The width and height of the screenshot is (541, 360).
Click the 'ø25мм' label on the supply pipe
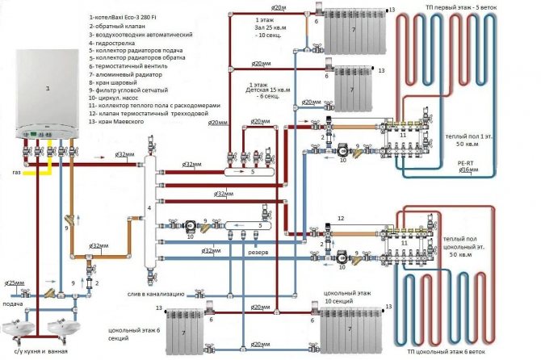click(x=15, y=260)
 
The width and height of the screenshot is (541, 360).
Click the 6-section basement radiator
click(x=188, y=333)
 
